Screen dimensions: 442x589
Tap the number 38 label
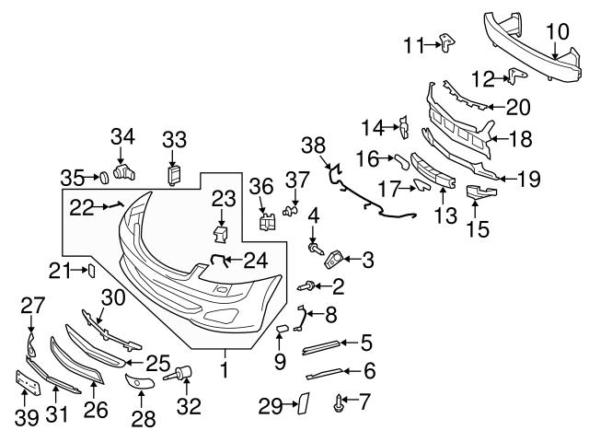[x=315, y=144]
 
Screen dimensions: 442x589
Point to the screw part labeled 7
[x=341, y=401]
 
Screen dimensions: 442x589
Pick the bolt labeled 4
[x=316, y=247]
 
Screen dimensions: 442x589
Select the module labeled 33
[x=173, y=174]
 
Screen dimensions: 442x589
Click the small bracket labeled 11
[x=447, y=42]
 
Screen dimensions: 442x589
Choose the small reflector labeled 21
[x=91, y=270]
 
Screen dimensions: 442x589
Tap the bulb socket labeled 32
[x=181, y=374]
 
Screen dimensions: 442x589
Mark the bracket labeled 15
[x=479, y=194]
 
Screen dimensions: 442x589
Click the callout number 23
[x=224, y=198]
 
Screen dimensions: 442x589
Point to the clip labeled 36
[x=269, y=222]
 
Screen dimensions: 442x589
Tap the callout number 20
[x=518, y=107]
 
